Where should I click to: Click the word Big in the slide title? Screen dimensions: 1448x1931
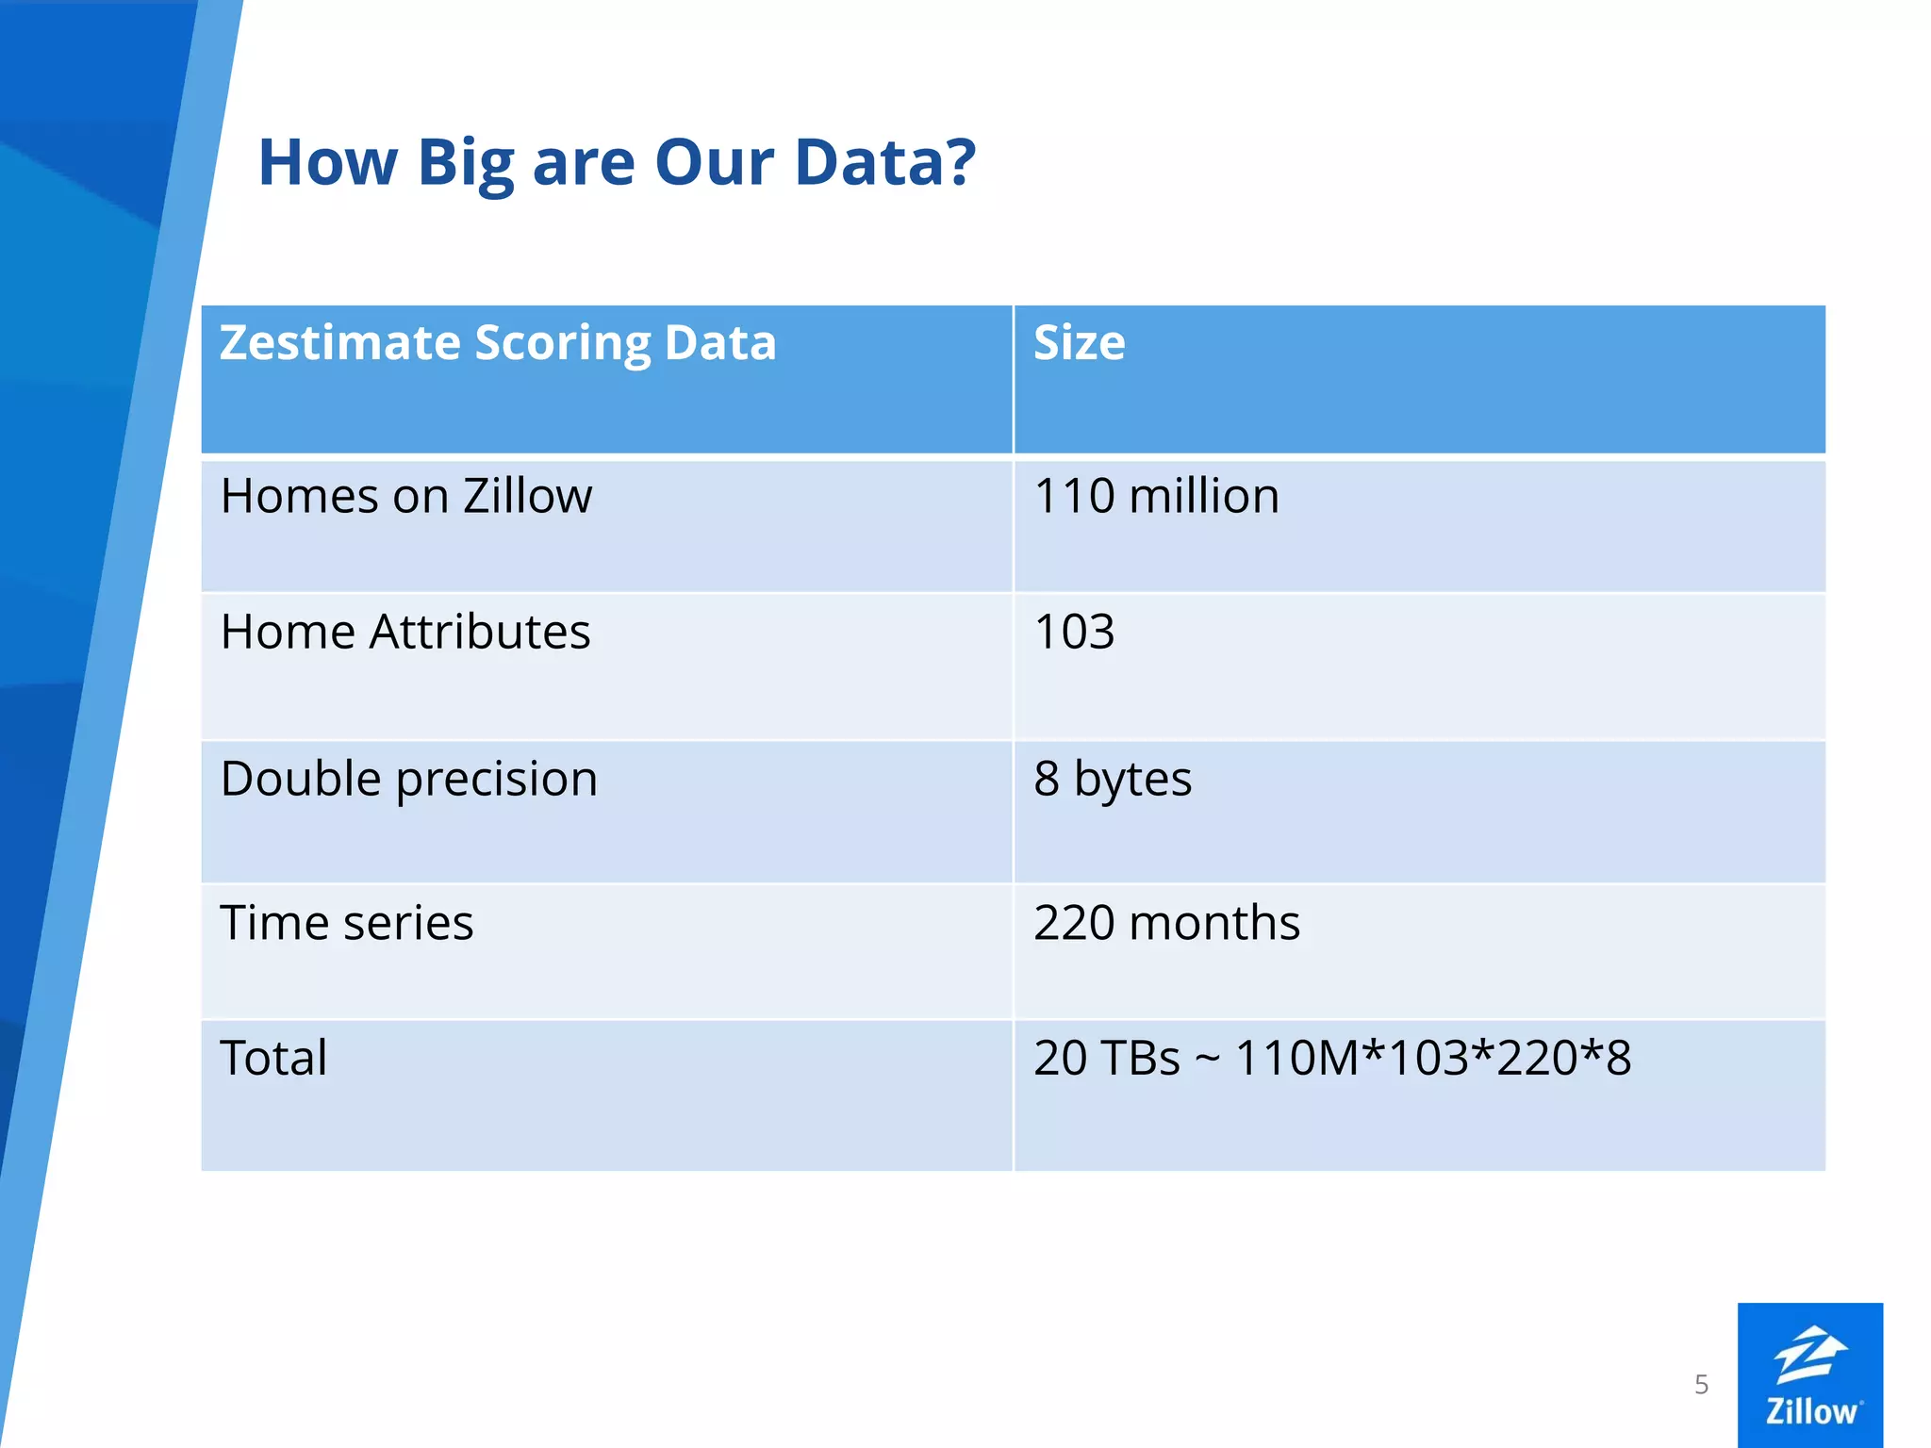pos(467,163)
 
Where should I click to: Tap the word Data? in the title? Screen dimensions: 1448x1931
pos(884,163)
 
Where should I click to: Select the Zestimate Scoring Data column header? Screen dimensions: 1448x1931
pos(498,343)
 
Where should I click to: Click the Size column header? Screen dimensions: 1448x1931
pos(1079,343)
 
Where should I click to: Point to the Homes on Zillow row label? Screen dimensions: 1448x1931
pos(406,497)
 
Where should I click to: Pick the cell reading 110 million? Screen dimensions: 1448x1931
pos(1156,497)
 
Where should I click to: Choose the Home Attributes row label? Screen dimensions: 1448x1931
pos(405,632)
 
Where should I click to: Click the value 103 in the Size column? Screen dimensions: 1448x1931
pos(1074,633)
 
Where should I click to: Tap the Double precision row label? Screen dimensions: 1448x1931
pos(409,780)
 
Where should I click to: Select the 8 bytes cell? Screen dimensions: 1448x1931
pos(1113,780)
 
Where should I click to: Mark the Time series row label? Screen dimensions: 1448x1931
pos(346,923)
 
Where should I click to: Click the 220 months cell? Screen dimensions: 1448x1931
pos(1166,923)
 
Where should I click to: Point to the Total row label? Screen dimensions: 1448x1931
pos(273,1058)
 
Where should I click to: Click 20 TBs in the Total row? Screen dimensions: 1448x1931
pos(1106,1059)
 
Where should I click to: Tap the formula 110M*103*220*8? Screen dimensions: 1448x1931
pos(1432,1059)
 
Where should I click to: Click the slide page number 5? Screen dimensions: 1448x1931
pos(1701,1384)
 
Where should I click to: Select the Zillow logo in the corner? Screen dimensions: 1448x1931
pos(1809,1374)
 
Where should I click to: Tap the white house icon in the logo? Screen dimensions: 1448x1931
pos(1810,1355)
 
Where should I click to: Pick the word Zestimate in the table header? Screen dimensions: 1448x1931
pos(340,343)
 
